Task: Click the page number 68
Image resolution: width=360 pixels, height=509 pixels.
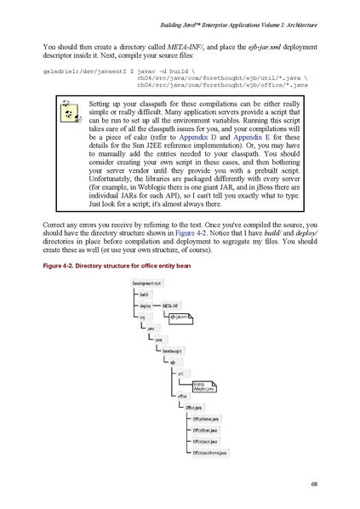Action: [x=315, y=484]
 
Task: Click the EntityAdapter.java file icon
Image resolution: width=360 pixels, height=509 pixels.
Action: [x=203, y=386]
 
